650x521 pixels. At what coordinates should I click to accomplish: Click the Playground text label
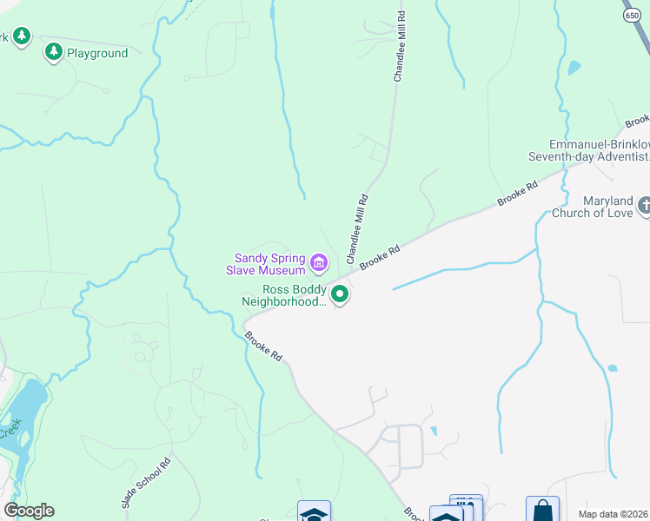[x=97, y=54]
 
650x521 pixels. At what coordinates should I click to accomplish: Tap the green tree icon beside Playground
[x=54, y=53]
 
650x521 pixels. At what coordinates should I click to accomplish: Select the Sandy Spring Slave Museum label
[x=269, y=264]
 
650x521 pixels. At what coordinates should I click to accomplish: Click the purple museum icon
[x=319, y=261]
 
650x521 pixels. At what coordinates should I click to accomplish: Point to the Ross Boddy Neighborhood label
[x=283, y=296]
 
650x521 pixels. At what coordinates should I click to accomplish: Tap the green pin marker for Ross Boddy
[x=341, y=296]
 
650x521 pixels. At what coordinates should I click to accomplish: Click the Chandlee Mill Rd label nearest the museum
[x=357, y=229]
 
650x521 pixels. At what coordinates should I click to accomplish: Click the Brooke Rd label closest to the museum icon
[x=380, y=258]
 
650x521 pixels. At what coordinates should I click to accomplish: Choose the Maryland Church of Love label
[x=596, y=207]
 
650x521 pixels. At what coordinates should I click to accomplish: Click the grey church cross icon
[x=644, y=206]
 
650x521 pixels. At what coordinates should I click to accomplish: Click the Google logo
[x=29, y=511]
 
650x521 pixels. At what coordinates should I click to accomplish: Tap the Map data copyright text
[x=613, y=514]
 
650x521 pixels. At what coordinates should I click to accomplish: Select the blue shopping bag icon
[x=542, y=510]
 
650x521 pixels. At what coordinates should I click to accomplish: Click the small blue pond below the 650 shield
[x=573, y=67]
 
